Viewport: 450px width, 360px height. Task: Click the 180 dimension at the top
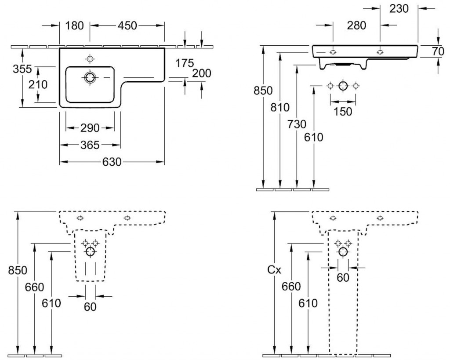point(75,26)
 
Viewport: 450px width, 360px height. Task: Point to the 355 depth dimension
point(22,69)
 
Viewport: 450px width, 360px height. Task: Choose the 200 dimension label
point(202,73)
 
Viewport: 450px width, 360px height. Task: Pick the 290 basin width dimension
point(90,128)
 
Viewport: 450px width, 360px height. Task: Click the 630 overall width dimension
point(112,162)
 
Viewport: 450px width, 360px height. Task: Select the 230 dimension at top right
point(399,8)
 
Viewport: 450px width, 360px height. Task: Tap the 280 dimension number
point(356,25)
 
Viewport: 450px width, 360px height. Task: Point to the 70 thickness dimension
point(438,51)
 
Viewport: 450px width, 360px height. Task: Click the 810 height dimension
point(281,107)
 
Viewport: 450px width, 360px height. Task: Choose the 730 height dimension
point(298,124)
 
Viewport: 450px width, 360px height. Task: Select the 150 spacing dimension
point(343,111)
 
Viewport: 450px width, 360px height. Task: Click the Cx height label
point(274,270)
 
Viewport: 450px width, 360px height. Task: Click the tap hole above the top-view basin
point(91,58)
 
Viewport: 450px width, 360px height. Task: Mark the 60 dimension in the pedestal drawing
point(343,278)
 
